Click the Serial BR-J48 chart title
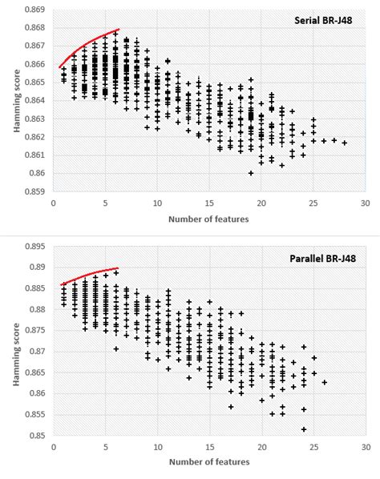click(323, 20)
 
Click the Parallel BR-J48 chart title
click(322, 259)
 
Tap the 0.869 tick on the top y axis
click(34, 10)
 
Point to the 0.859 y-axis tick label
click(34, 191)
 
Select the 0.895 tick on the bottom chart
click(34, 246)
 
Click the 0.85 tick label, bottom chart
click(37, 435)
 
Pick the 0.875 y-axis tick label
click(34, 330)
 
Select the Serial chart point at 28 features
click(345, 143)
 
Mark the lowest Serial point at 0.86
click(251, 173)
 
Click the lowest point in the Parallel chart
click(304, 429)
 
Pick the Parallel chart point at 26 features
click(325, 382)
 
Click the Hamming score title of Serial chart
click(17, 101)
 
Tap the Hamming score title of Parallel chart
click(17, 354)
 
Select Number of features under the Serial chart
click(208, 219)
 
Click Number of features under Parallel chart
click(209, 461)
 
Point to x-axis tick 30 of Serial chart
click(366, 203)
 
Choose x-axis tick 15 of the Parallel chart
click(210, 447)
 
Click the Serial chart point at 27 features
click(334, 140)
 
